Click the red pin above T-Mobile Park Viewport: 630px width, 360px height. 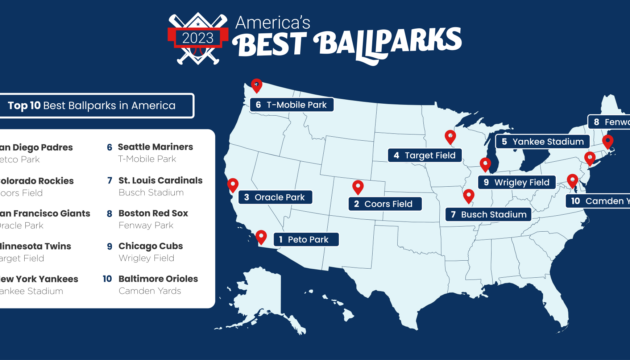[256, 86]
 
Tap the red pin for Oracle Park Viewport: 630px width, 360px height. [233, 185]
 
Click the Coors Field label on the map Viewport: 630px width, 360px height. [383, 204]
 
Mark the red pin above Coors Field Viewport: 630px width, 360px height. [358, 186]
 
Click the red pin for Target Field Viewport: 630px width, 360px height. [449, 137]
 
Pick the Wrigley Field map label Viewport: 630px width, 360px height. [516, 183]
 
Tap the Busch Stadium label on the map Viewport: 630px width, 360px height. [487, 214]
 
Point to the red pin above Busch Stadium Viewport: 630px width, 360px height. [468, 196]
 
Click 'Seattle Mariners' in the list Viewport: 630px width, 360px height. [156, 146]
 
